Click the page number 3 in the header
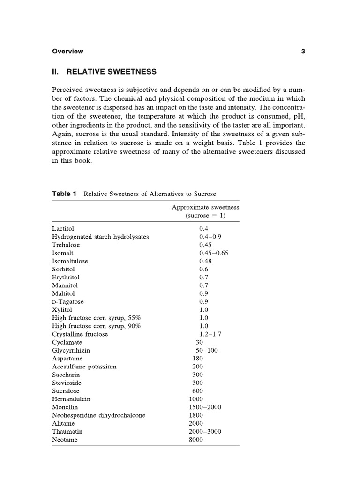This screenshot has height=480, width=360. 303,52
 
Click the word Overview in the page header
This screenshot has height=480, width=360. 67,52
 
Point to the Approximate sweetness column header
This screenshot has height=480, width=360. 205,207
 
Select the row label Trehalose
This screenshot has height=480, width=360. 66,245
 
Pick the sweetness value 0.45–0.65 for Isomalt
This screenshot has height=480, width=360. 213,253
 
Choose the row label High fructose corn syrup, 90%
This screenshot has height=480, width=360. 97,326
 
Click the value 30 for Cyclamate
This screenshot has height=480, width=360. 199,342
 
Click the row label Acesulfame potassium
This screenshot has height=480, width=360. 84,367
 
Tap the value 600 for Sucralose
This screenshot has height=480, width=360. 197,391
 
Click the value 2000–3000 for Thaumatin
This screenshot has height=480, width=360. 205,432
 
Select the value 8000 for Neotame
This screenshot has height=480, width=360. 196,440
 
